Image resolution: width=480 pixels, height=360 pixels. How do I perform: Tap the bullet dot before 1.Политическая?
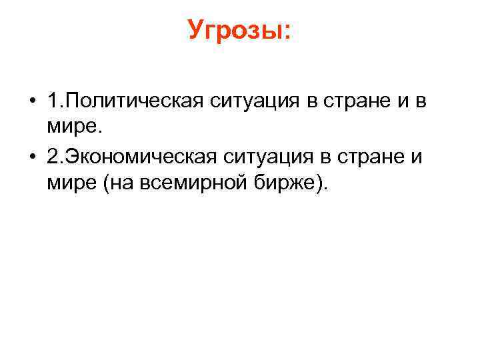pos(32,102)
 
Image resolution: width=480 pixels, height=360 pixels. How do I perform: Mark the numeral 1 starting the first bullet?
pos(53,101)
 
